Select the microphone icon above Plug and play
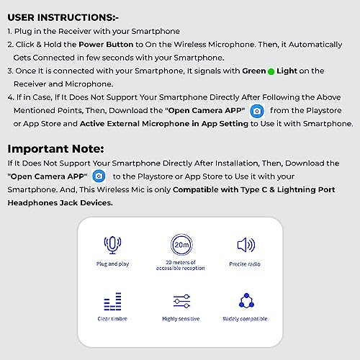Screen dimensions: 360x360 (112, 244)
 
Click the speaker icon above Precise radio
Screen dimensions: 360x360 (246, 245)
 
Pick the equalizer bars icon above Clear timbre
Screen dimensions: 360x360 (112, 301)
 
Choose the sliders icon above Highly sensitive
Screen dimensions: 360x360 (181, 301)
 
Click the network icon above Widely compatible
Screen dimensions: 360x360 (246, 300)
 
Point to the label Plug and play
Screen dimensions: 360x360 (112, 264)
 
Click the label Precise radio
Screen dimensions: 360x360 (245, 264)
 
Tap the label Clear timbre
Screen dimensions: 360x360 (113, 318)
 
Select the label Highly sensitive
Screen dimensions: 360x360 (181, 318)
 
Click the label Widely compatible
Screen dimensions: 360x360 (246, 318)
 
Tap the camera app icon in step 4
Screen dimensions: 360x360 (257, 111)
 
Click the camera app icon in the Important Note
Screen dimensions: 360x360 (99, 176)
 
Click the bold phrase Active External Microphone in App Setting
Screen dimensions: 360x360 (164, 124)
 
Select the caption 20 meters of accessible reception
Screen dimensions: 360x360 (181, 266)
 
